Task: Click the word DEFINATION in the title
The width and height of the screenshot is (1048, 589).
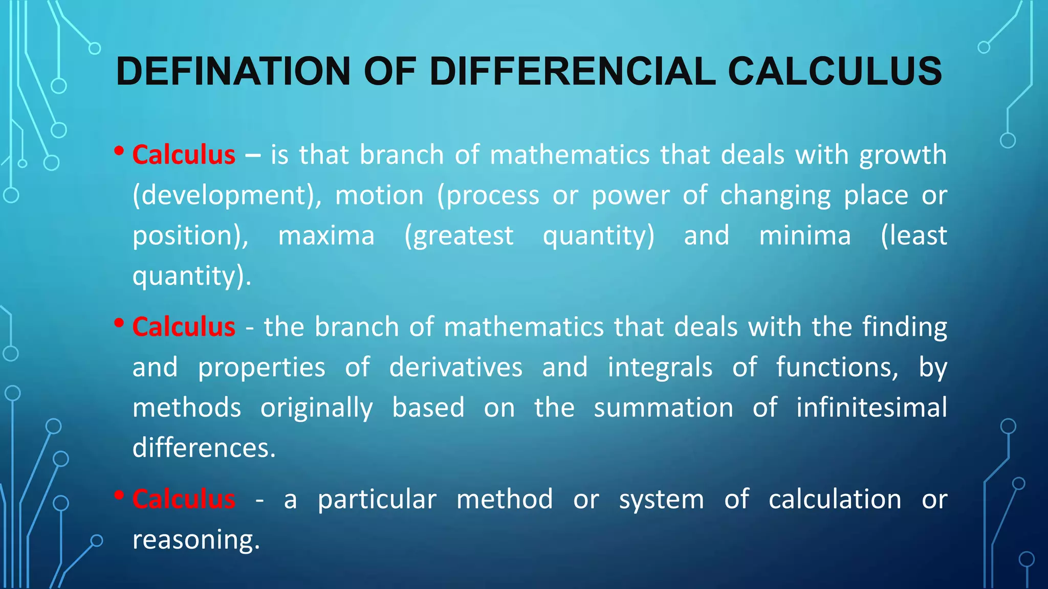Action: point(233,71)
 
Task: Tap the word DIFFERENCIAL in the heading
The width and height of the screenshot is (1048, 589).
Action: point(573,71)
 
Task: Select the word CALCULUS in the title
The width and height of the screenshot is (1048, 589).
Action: point(835,71)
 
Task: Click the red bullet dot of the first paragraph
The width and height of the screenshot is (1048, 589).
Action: point(119,151)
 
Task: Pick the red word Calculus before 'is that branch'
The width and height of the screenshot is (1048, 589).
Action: point(184,155)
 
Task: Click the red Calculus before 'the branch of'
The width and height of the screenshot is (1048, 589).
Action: point(184,327)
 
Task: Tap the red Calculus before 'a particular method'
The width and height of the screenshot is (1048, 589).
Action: point(184,499)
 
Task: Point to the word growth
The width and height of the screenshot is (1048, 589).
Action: point(903,155)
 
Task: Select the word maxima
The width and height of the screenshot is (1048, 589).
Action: point(326,236)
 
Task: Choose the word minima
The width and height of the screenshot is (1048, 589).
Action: point(805,236)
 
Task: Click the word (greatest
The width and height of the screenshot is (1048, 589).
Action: point(459,236)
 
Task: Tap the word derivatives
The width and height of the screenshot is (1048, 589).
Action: point(456,368)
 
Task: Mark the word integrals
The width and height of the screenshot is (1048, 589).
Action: point(660,368)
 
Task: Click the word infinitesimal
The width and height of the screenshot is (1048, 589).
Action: point(871,407)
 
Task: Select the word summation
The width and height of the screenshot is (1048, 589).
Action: point(663,407)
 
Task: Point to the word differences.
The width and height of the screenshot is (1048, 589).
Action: point(204,448)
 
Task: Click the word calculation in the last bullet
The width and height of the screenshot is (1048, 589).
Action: point(835,499)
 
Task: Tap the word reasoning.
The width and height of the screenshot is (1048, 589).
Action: point(196,539)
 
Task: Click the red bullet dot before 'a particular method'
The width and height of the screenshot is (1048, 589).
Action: point(119,495)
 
